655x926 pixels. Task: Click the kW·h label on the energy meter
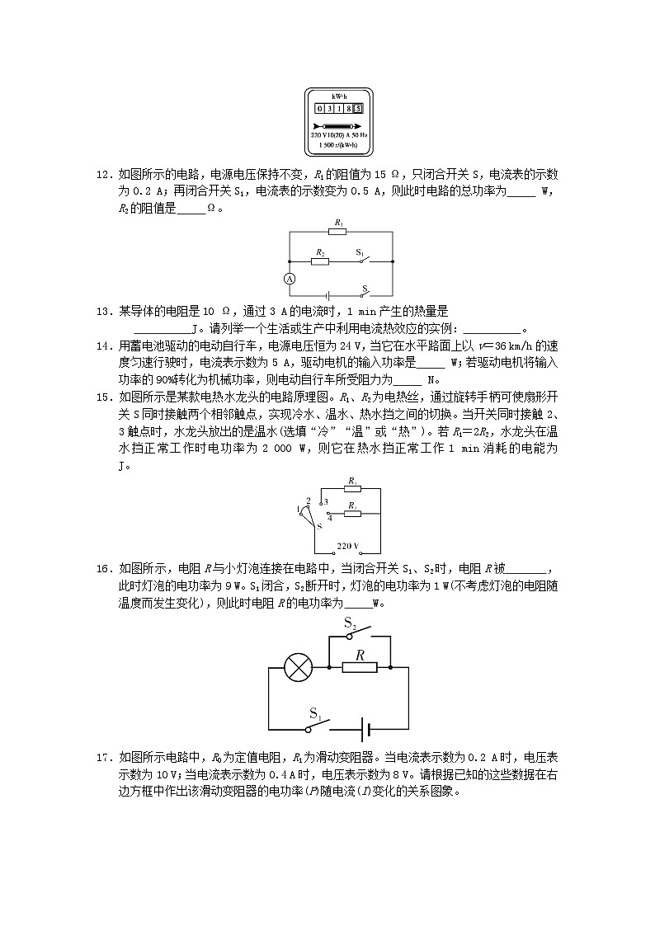(339, 96)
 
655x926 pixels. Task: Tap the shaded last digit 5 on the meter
(359, 108)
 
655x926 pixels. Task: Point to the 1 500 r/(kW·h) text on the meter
(339, 144)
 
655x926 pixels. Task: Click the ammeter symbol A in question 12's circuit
(290, 279)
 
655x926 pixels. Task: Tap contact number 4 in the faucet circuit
(329, 519)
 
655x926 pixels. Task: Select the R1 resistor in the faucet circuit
(352, 489)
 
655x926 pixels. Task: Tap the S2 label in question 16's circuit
(351, 623)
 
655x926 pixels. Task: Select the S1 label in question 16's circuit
(315, 713)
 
